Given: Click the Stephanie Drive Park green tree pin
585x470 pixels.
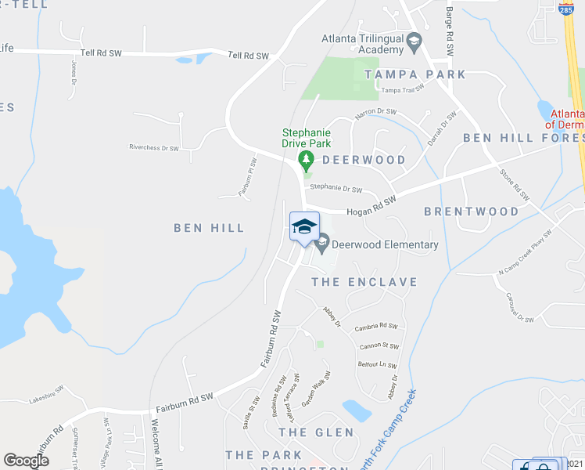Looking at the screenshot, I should [306, 162].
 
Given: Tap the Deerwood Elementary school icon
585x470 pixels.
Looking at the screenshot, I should [321, 245].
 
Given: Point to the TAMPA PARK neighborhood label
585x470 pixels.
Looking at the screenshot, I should [415, 74].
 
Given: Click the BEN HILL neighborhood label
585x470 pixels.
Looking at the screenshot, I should [209, 228].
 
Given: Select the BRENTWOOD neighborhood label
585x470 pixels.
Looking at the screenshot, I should [472, 211].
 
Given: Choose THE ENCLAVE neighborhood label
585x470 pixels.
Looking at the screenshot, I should [364, 281].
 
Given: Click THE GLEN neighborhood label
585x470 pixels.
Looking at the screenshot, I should [316, 432].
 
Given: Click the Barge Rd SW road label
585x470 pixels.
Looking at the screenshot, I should [450, 32].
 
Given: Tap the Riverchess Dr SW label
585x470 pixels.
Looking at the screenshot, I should [154, 147].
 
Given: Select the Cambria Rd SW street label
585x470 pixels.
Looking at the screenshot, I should [375, 327].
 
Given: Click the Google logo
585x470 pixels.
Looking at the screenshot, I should [27, 461].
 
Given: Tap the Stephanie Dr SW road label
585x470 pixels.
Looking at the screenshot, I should [336, 188].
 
